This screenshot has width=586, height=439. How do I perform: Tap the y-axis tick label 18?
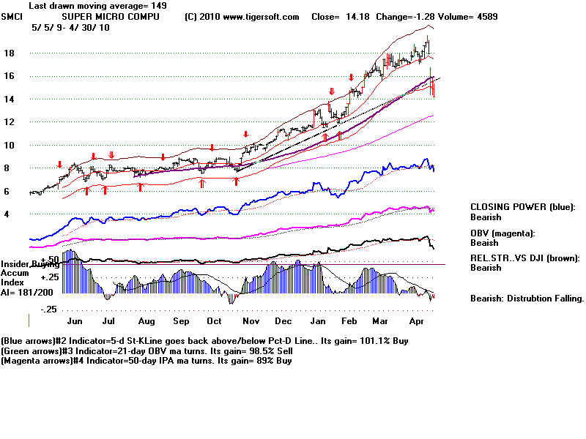(x=10, y=53)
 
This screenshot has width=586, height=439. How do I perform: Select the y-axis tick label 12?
(x=10, y=121)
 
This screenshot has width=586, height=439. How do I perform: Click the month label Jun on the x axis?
(x=75, y=321)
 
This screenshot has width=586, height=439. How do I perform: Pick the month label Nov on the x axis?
(x=251, y=321)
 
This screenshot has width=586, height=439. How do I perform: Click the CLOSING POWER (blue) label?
(x=522, y=207)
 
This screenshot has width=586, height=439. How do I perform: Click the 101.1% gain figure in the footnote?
(x=346, y=341)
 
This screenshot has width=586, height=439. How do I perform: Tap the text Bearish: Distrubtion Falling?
(x=527, y=298)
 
